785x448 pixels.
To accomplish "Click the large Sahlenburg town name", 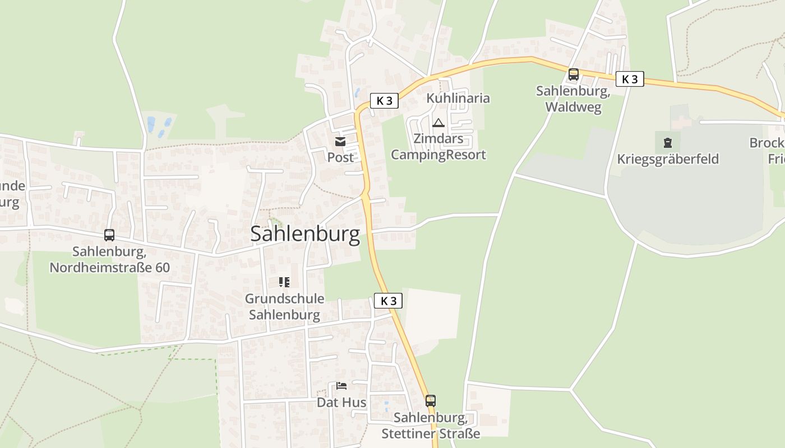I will coord(305,234).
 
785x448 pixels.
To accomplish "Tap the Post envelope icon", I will coord(340,141).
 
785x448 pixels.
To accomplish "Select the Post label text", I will coord(340,157).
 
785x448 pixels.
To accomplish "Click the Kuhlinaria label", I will coord(458,98).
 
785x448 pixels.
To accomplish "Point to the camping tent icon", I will coord(438,123).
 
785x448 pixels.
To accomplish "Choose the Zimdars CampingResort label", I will coord(438,147).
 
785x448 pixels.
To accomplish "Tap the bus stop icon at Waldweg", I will coord(573,74).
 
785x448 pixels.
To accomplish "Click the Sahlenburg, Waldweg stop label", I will coord(573,99).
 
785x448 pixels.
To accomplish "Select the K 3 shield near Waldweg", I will coord(630,79).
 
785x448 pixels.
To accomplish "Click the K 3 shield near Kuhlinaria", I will coord(384,101).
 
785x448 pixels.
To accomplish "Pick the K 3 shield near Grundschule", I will coord(388,301).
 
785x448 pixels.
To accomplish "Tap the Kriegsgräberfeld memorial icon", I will coord(667,142).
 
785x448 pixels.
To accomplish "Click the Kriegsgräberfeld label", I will coord(668,159).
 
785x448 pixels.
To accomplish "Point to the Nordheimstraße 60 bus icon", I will coord(109,235).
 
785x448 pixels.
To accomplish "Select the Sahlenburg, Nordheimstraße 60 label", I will coord(109,259).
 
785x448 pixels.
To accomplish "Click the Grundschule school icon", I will coord(284,282).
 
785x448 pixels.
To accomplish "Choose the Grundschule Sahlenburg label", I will coord(284,306).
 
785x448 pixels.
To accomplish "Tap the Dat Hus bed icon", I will coord(341,386).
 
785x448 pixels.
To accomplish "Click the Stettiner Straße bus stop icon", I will coord(430,401).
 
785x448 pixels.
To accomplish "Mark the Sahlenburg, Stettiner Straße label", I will coord(431,426).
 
